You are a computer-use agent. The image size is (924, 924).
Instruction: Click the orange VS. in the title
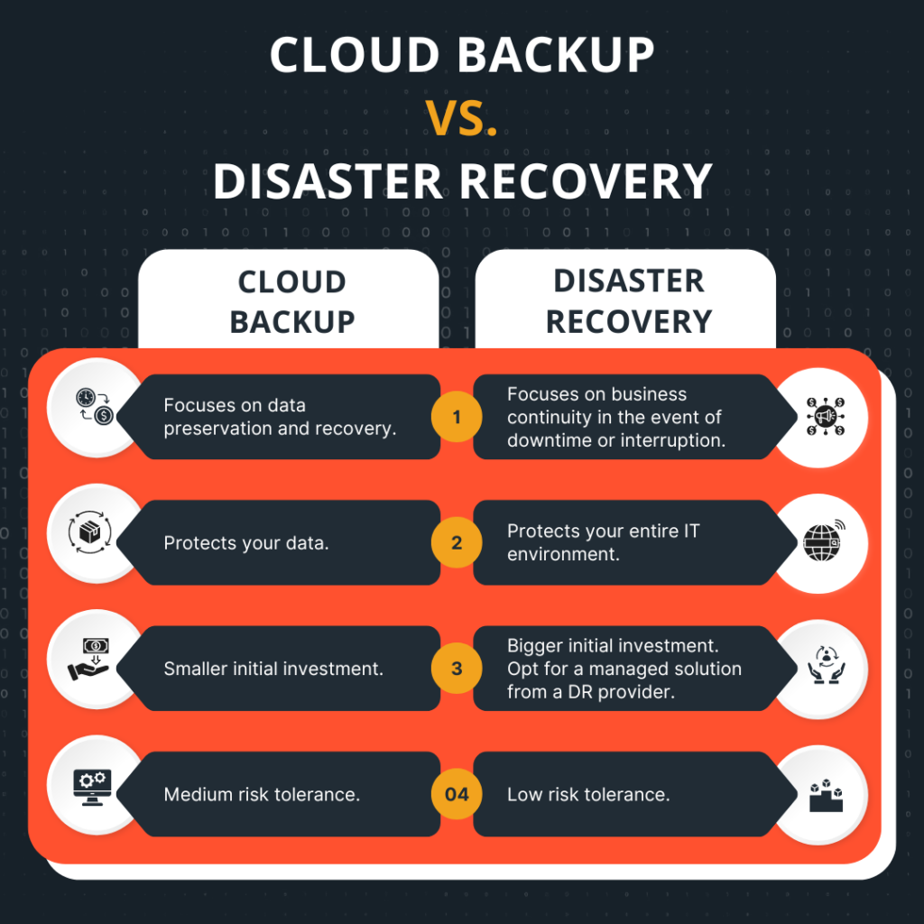[462, 118]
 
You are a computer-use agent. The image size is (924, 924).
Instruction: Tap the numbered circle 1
[457, 417]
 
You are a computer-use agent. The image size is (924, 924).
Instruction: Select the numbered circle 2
[457, 542]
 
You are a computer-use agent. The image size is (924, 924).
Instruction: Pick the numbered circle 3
[457, 669]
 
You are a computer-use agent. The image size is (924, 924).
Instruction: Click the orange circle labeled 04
[457, 794]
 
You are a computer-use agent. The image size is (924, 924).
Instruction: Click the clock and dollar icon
[94, 406]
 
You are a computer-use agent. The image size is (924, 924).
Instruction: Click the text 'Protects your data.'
[245, 543]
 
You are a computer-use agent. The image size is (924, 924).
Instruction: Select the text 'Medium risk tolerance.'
[262, 795]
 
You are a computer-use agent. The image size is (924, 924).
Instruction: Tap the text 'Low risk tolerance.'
[587, 795]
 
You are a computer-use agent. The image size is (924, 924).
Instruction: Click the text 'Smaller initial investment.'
[273, 669]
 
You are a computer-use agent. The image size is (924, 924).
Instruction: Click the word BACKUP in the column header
[292, 321]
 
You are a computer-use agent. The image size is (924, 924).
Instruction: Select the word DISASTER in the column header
[629, 281]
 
